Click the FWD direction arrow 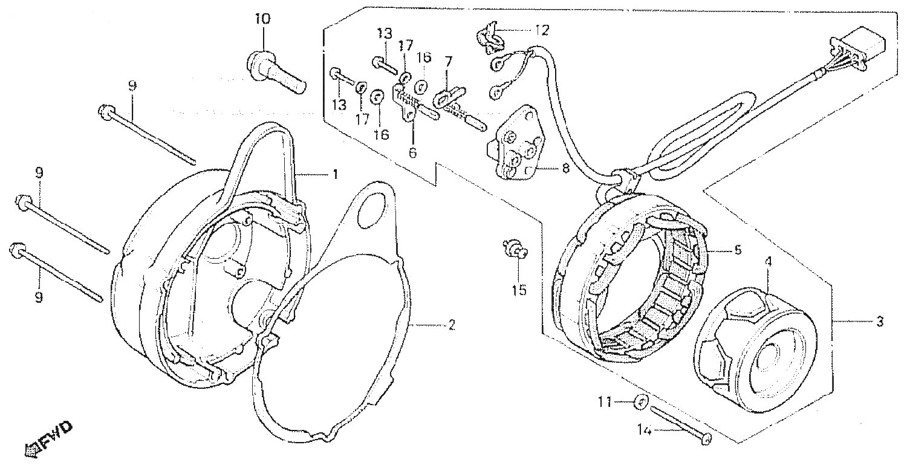pyautogui.click(x=48, y=440)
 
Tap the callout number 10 pyautogui.click(x=262, y=19)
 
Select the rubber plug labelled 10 pyautogui.click(x=276, y=73)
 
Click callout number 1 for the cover pyautogui.click(x=335, y=175)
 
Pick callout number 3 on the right pyautogui.click(x=879, y=322)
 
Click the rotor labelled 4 pyautogui.click(x=756, y=349)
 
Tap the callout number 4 pyautogui.click(x=768, y=262)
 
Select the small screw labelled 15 pyautogui.click(x=515, y=248)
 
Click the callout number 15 pyautogui.click(x=519, y=290)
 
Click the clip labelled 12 pyautogui.click(x=489, y=39)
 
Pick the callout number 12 pyautogui.click(x=542, y=30)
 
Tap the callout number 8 pyautogui.click(x=565, y=167)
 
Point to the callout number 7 pyautogui.click(x=448, y=61)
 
